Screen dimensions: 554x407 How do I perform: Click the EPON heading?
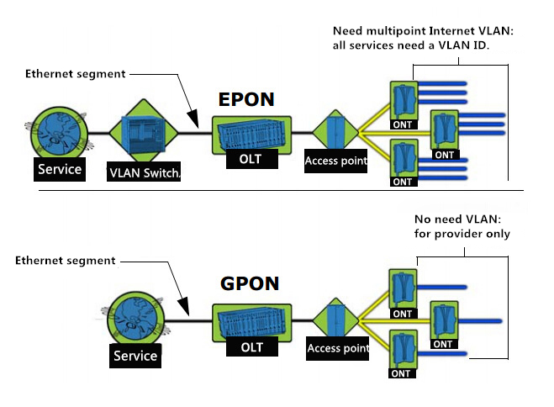246,99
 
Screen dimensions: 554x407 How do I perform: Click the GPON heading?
250,283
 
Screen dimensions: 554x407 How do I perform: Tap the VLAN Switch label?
144,172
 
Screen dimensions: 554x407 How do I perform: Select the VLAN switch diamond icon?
144,131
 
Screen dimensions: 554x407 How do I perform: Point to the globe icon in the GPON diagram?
136,319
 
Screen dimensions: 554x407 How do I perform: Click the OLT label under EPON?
251,159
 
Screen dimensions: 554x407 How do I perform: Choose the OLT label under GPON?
252,346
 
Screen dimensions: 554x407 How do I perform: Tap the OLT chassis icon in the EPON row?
251,135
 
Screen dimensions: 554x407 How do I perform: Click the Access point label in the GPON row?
337,348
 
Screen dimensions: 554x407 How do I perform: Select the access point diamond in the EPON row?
335,131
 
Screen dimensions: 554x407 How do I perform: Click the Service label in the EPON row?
60,169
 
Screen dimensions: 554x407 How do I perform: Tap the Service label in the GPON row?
135,356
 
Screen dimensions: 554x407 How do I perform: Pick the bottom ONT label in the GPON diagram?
402,373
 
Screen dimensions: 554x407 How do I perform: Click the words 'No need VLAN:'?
457,219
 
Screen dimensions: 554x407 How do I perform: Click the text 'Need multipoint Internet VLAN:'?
423,31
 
